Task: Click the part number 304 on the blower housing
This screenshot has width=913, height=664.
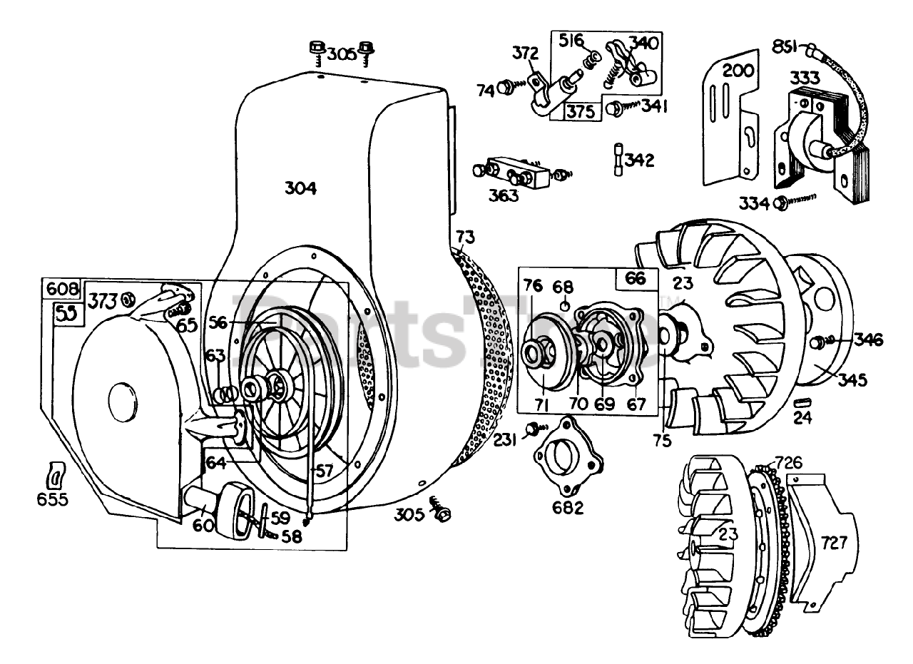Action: (x=300, y=188)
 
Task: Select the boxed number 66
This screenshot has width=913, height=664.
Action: (x=636, y=278)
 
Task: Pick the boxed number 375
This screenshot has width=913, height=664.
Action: (x=582, y=111)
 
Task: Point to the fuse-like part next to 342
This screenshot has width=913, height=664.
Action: (x=618, y=159)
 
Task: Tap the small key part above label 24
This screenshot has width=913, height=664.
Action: (x=802, y=403)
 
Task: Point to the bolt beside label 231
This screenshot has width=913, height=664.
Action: (x=531, y=430)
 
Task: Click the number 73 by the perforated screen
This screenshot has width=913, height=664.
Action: (x=464, y=237)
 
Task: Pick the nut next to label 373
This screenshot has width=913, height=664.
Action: (x=129, y=300)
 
